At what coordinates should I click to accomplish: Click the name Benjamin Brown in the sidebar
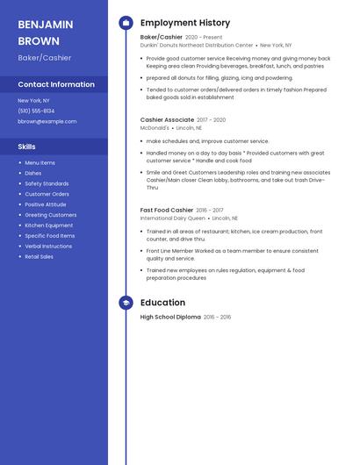point(40,32)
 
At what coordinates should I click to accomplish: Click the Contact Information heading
point(56,84)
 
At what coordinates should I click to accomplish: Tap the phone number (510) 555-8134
point(36,111)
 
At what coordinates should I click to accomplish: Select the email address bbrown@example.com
point(47,121)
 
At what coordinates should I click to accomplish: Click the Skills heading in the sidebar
point(27,147)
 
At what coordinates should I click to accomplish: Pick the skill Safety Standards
point(47,183)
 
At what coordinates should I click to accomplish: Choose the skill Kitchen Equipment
point(49,225)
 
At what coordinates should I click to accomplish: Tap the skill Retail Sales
point(39,257)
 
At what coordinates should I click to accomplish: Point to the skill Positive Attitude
point(46,204)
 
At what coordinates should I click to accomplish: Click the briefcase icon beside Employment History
point(126,23)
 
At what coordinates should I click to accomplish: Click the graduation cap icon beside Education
point(126,303)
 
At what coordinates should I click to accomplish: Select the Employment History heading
point(185,23)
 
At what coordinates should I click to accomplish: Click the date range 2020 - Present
point(204,37)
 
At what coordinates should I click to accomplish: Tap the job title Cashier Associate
point(167,119)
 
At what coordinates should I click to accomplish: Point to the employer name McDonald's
point(155,127)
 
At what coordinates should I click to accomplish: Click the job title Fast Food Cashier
point(167,210)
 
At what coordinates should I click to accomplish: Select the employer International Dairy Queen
point(173,218)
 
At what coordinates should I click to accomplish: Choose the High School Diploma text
point(170,317)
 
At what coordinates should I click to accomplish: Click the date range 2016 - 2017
point(210,211)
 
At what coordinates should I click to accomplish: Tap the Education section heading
point(162,303)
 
